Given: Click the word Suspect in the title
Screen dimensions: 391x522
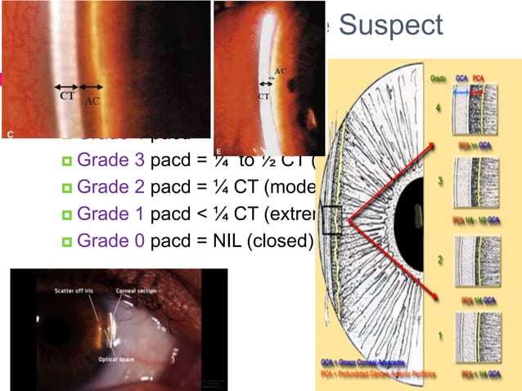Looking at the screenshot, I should pos(390,25).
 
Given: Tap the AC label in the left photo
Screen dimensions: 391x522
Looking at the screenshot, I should pos(93,101).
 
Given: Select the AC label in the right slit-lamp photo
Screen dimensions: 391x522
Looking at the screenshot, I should pos(281,71).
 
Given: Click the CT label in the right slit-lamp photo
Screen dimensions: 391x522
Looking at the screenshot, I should pos(263,96).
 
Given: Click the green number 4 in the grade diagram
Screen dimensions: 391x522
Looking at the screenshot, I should pos(447,108).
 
